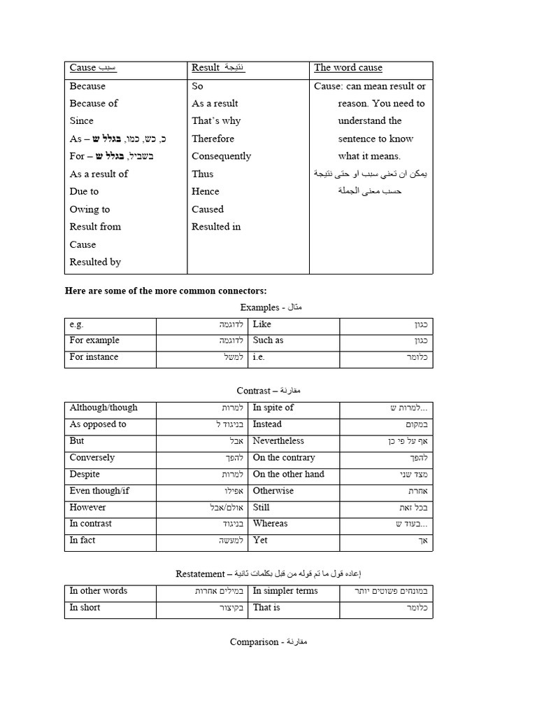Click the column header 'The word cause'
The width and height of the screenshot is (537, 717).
pos(348,68)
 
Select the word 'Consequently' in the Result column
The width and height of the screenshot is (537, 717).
pos(221,156)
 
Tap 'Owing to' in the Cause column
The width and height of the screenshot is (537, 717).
pos(89,209)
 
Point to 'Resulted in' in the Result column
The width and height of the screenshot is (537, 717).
pos(216,227)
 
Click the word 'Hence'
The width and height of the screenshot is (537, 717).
pos(206,191)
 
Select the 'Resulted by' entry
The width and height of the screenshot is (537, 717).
pos(95,262)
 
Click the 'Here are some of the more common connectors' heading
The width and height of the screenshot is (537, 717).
pos(166,291)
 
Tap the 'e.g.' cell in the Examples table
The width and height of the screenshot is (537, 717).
pos(77,324)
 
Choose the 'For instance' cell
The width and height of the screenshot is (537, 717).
pos(94,357)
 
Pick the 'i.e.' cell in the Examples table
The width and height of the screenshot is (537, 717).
pos(259,357)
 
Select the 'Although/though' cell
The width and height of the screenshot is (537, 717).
pos(103,408)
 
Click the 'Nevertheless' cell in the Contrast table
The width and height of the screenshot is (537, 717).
pos(278,441)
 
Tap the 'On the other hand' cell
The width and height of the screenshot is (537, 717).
pos(288,474)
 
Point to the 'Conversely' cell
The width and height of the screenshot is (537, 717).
pos(92,458)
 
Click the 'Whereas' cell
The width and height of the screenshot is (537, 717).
pos(270,524)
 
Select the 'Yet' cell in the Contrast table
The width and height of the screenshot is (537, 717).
pos(260,541)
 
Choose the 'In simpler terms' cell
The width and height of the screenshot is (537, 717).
pos(285,591)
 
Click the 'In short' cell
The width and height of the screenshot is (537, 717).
pos(85,608)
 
